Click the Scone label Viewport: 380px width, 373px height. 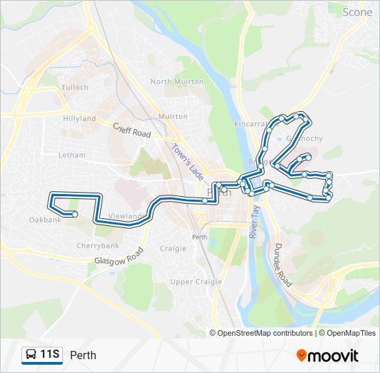pyautogui.click(x=357, y=12)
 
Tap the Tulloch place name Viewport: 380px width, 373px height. pyautogui.click(x=75, y=88)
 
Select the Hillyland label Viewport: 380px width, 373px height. pyautogui.click(x=79, y=118)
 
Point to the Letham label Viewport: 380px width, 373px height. pyautogui.click(x=71, y=155)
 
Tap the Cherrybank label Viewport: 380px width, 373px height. pyautogui.click(x=98, y=245)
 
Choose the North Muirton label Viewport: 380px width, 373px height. pyautogui.click(x=177, y=82)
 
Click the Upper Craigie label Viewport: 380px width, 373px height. pyautogui.click(x=196, y=281)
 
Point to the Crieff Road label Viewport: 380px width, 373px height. pyautogui.click(x=132, y=128)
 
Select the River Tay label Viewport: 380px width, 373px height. pyautogui.click(x=254, y=221)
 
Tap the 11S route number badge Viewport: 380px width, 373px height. pyautogui.click(x=50, y=355)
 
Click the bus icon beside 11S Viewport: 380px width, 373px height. pyautogui.click(x=31, y=355)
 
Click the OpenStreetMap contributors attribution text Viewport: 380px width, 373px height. pyautogui.click(x=262, y=333)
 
